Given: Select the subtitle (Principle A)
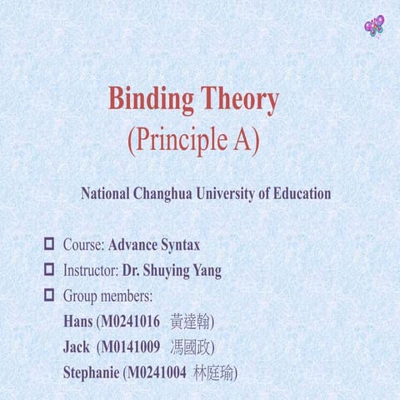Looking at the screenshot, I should click(x=193, y=140).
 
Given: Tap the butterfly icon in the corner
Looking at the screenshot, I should click(x=375, y=25).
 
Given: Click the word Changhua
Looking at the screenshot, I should click(x=165, y=193).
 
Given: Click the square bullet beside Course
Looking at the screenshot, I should click(x=48, y=244).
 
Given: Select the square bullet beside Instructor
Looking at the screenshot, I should click(x=48, y=270).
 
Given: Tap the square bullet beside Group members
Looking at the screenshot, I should click(x=48, y=295).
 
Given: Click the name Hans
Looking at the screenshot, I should click(x=77, y=321).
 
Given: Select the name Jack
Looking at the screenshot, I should click(x=77, y=346).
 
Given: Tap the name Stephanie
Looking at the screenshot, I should click(x=91, y=372).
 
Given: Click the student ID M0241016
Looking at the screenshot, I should click(x=130, y=321).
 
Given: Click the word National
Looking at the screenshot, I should click(x=104, y=193).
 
